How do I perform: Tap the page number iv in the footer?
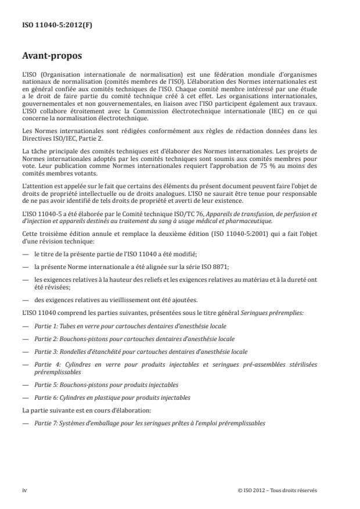click(25, 490)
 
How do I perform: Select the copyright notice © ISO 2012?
click(278, 490)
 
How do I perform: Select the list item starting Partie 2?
click(134, 339)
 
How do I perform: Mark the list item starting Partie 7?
click(150, 423)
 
